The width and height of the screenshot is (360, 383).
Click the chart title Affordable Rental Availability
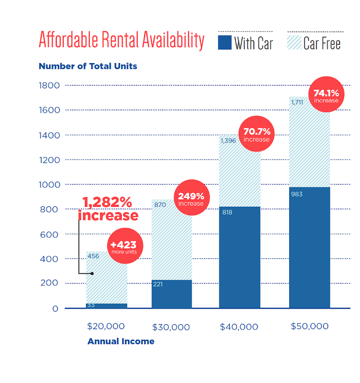pos(121,41)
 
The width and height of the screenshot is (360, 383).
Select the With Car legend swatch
pos(225,42)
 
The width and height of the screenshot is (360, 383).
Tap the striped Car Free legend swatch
pos(294,42)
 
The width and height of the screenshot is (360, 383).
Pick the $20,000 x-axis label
pos(106,326)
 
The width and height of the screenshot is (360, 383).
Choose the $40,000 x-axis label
pos(239,327)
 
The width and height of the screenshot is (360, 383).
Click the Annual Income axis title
pos(121,341)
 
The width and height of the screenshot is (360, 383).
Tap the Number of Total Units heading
pos(88,66)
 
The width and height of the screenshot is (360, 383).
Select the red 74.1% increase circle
pos(326,95)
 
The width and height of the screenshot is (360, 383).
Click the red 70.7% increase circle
pos(256,134)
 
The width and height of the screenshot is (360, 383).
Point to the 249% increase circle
pos(191,199)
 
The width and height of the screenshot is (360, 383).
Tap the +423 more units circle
pos(123,246)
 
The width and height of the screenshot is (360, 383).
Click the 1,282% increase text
pos(108,208)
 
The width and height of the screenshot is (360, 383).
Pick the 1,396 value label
pos(228,141)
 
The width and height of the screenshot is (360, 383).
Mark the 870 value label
pos(160,205)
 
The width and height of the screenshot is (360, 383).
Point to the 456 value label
pos(94,256)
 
